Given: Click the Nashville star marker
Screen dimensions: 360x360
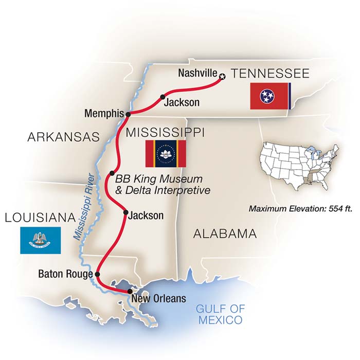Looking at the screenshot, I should [x=222, y=77].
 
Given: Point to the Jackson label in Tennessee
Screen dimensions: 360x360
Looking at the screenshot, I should [x=181, y=102].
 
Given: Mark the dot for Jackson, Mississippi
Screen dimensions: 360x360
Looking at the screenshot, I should [x=125, y=211].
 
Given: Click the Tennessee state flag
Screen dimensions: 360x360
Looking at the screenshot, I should [x=270, y=96].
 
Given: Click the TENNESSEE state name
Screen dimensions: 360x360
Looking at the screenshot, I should [x=271, y=74].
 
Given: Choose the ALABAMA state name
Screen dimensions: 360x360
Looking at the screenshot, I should [x=224, y=234].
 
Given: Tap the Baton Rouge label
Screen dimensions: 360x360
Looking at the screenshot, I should [x=65, y=274].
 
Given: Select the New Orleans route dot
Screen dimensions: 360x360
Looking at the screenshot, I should [x=130, y=292].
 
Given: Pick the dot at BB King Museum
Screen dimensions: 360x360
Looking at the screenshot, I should [x=112, y=173].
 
